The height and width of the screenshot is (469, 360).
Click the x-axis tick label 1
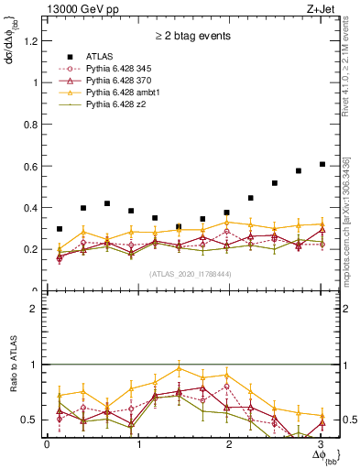coord(138,444)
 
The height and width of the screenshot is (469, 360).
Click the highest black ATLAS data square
coord(322,164)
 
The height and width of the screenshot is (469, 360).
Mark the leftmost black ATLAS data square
coord(60,229)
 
